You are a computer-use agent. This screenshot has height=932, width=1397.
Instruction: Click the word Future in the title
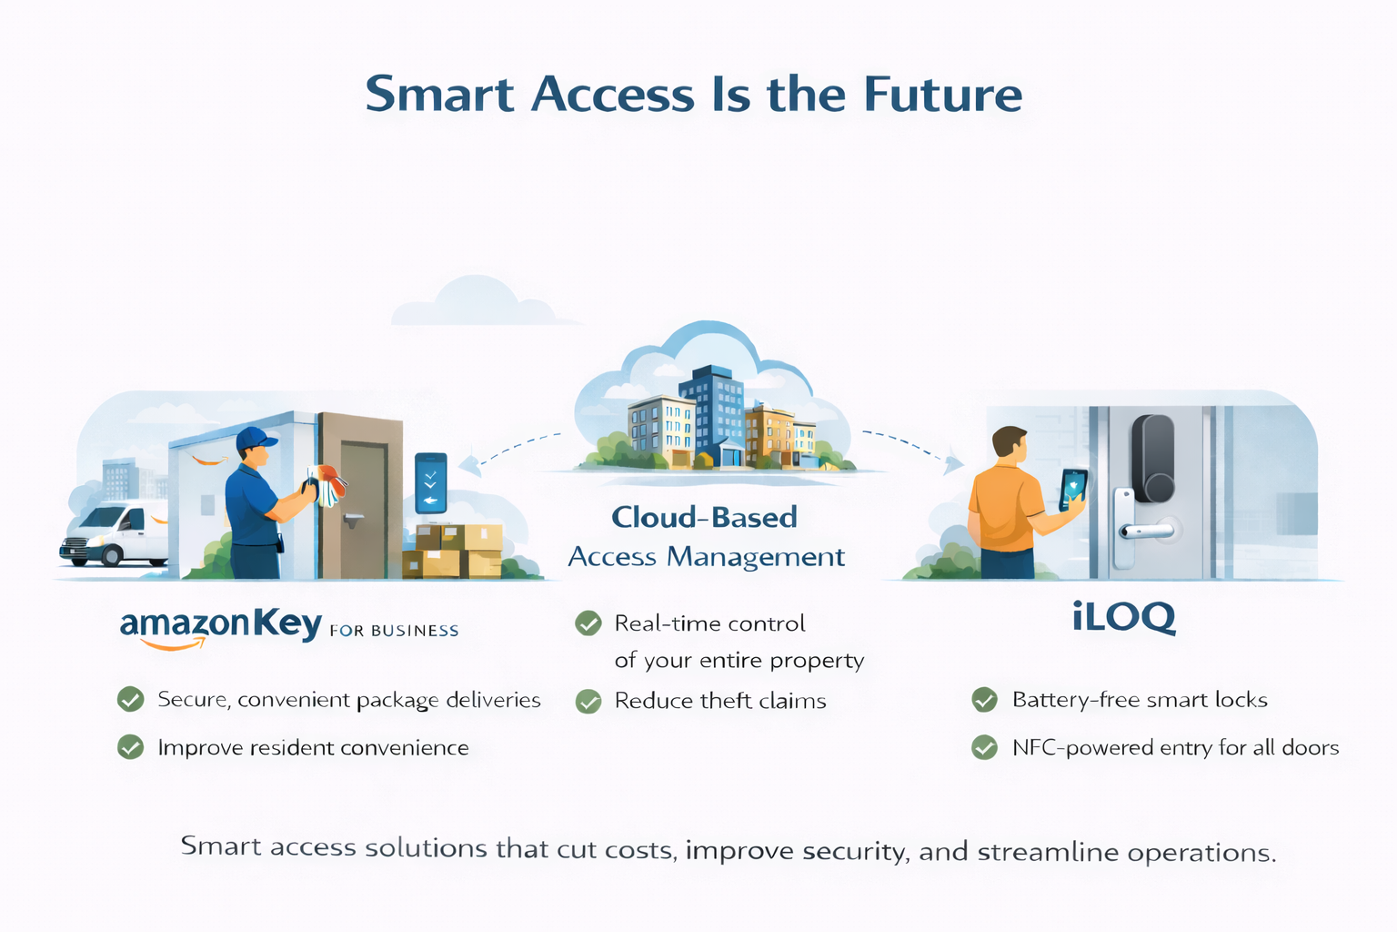942,95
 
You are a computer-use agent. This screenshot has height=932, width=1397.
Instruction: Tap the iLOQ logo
1123,617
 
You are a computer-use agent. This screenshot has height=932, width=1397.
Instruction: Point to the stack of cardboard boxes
453,550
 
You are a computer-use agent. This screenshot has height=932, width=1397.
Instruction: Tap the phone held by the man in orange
1073,489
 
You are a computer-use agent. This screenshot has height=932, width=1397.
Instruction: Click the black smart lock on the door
1151,459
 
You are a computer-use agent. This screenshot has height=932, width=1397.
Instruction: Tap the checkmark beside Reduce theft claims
588,702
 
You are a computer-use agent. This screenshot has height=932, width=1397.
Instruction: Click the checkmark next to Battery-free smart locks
984,700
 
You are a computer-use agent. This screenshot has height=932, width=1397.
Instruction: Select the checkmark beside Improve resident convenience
131,747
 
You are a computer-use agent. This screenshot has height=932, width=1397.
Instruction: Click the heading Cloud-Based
704,517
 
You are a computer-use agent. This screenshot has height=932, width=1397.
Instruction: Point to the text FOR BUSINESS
394,631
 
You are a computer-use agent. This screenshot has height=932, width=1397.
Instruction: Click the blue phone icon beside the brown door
430,483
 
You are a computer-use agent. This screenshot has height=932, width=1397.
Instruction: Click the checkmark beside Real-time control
588,623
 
